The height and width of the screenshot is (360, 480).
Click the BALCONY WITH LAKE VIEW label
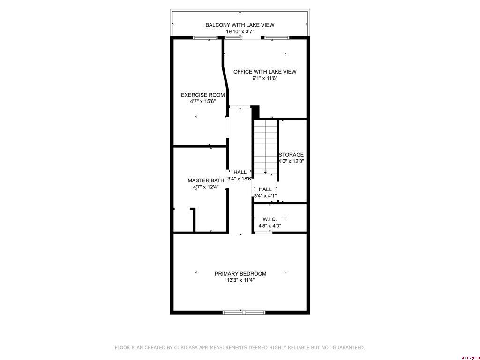pyautogui.click(x=240, y=25)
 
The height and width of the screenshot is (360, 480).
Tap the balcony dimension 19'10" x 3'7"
pyautogui.click(x=240, y=32)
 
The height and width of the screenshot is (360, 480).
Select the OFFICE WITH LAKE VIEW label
pyautogui.click(x=265, y=72)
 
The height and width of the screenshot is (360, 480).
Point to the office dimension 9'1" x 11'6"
pyautogui.click(x=265, y=78)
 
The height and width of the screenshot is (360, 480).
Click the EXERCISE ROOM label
pyautogui.click(x=202, y=95)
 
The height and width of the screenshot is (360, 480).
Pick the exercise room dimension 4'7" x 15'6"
pyautogui.click(x=202, y=101)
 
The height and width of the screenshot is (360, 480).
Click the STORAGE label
pyautogui.click(x=292, y=155)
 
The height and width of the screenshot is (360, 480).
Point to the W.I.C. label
pyautogui.click(x=270, y=219)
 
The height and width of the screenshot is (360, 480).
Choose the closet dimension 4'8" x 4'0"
pyautogui.click(x=270, y=225)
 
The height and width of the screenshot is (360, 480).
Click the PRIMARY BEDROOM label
pyautogui.click(x=240, y=274)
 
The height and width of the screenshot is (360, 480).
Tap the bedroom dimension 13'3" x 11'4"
pyautogui.click(x=240, y=280)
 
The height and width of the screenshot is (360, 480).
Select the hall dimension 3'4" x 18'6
pyautogui.click(x=240, y=179)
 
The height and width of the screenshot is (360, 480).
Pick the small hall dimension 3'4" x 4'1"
pyautogui.click(x=265, y=196)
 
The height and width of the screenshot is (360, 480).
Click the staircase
pyautogui.click(x=265, y=145)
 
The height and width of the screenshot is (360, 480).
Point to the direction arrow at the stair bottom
pyautogui.click(x=265, y=172)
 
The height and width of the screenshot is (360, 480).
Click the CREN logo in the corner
pyautogui.click(x=470, y=357)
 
